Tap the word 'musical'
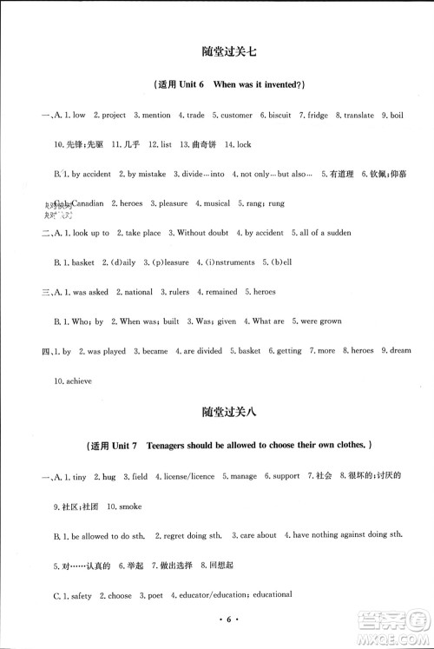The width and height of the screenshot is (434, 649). (215, 203)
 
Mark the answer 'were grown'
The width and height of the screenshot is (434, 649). (320, 321)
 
